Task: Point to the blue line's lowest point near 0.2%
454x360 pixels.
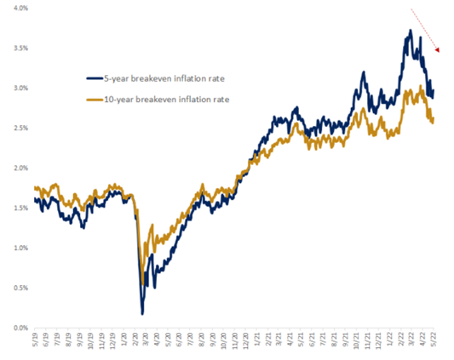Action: click(x=142, y=313)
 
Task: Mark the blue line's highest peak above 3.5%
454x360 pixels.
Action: click(x=411, y=31)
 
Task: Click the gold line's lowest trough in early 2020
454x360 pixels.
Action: click(x=141, y=283)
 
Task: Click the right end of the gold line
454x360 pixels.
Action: click(x=433, y=121)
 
